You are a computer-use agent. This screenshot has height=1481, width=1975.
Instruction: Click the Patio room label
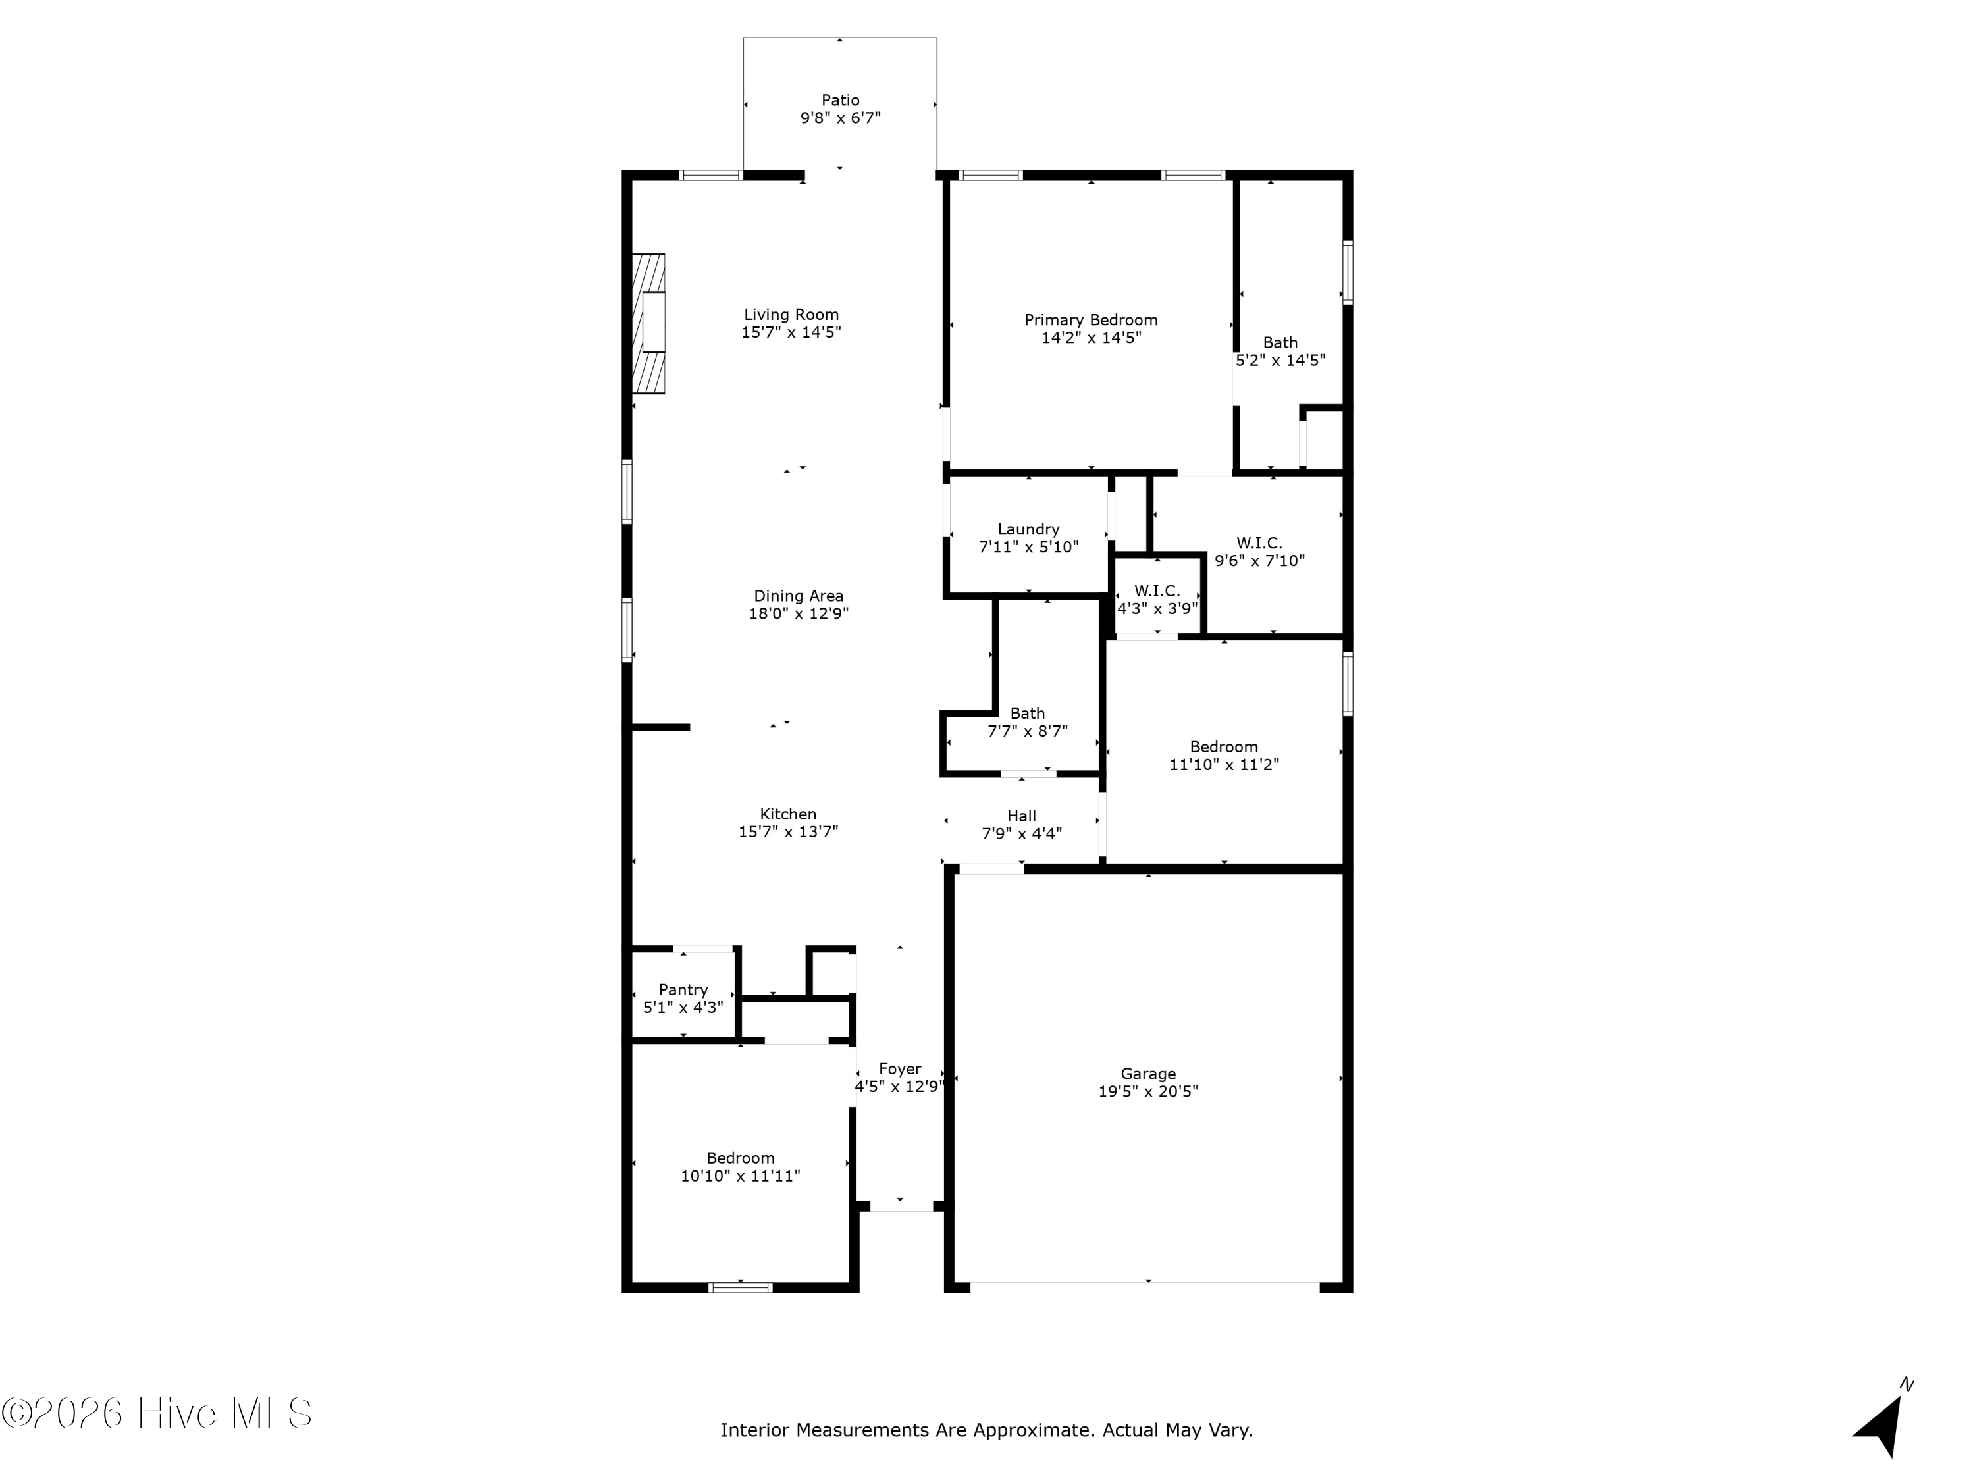pyautogui.click(x=840, y=101)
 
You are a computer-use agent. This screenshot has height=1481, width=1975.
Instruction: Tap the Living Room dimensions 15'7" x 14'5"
pyautogui.click(x=791, y=332)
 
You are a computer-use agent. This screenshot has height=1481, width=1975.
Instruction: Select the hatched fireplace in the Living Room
pyautogui.click(x=648, y=323)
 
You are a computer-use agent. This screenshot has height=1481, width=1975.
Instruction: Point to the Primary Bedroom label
pyautogui.click(x=1090, y=320)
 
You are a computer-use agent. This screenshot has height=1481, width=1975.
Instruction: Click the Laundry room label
pyautogui.click(x=1028, y=529)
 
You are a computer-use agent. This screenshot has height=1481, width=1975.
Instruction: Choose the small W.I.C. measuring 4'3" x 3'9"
pyautogui.click(x=1157, y=600)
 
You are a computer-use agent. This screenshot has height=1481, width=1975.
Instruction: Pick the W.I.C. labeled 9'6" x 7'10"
pyautogui.click(x=1259, y=552)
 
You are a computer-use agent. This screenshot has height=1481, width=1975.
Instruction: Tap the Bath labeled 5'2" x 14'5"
pyautogui.click(x=1279, y=351)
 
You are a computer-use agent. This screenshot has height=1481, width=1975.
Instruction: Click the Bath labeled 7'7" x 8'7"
pyautogui.click(x=1027, y=722)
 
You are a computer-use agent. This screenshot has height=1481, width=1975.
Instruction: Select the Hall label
pyautogui.click(x=1022, y=816)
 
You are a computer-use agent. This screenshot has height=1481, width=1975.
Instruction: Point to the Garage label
pyautogui.click(x=1148, y=1074)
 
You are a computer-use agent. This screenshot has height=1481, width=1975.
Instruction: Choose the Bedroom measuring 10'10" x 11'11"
pyautogui.click(x=740, y=1167)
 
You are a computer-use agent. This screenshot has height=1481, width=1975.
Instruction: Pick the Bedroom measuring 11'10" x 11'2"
pyautogui.click(x=1223, y=755)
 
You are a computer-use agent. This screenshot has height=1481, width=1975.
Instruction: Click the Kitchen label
pyautogui.click(x=787, y=814)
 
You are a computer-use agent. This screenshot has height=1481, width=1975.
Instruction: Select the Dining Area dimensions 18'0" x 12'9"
pyautogui.click(x=798, y=614)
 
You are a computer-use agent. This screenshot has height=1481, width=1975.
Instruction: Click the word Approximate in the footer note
pyautogui.click(x=1033, y=1431)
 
